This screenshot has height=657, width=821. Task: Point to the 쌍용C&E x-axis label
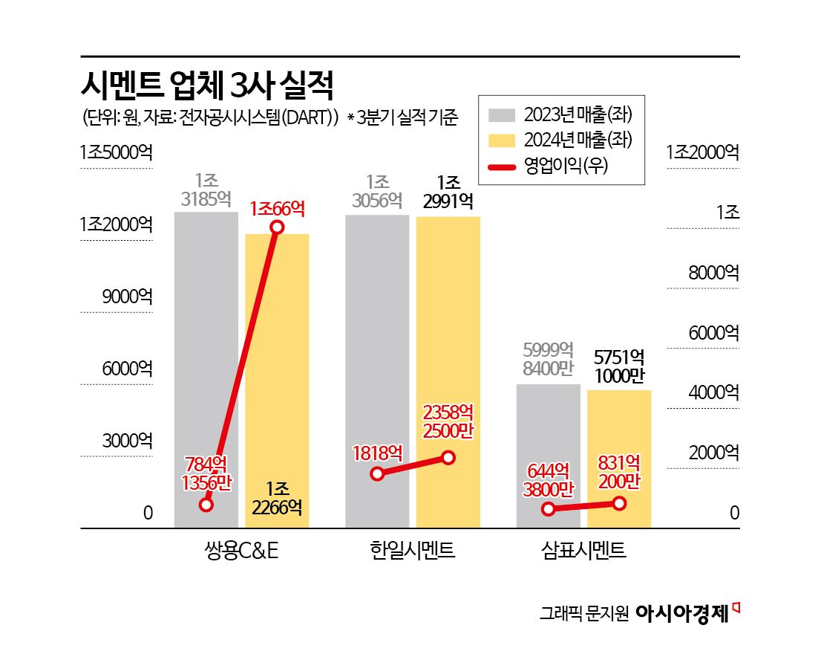click(241, 551)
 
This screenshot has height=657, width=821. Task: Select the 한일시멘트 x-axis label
click(412, 551)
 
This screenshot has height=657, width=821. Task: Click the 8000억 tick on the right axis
click(713, 272)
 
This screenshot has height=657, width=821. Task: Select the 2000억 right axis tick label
click(713, 453)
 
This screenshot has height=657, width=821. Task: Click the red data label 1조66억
click(277, 207)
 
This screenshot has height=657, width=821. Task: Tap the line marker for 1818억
click(377, 473)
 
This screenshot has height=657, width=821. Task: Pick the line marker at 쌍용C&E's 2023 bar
click(206, 505)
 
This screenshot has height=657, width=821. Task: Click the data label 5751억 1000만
click(619, 366)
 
